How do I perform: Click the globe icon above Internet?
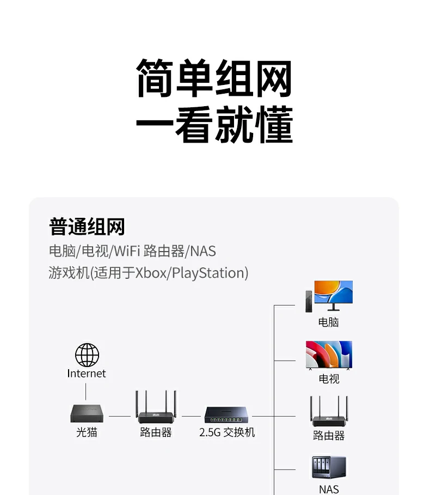coord(87,355)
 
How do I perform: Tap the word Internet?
coord(87,374)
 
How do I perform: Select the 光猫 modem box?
coord(87,413)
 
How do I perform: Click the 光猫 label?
coord(87,432)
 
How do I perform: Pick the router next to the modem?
coord(156,407)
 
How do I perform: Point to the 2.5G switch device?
coord(226,414)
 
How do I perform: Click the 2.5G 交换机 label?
coord(227,432)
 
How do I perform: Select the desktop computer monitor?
coord(334,296)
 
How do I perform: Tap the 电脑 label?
coord(328,322)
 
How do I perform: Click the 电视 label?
coord(329,379)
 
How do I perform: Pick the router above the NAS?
coord(329,411)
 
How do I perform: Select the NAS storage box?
coord(329,467)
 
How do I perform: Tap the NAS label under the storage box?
coord(329,490)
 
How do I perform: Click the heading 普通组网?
coord(87,227)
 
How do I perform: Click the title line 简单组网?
coord(214,78)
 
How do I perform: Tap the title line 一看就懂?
coord(214,125)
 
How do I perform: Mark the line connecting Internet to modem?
coord(86,392)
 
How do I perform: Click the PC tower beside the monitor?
coord(309,302)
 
